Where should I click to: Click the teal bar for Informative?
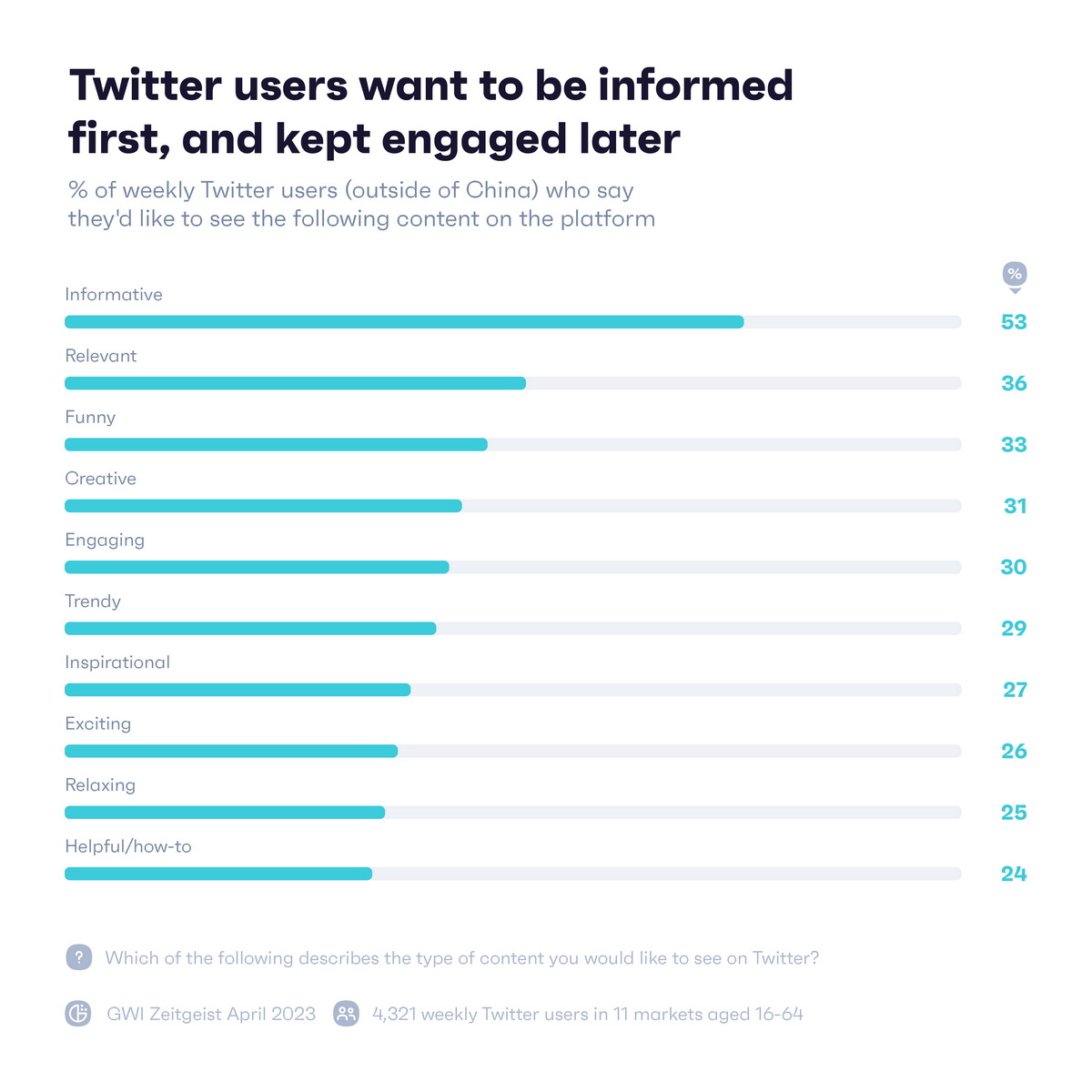pos(404,322)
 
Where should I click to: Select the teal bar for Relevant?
pos(295,383)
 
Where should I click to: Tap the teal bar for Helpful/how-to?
pos(218,874)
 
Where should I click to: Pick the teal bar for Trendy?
pos(250,629)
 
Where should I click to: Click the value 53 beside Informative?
pos(1013,322)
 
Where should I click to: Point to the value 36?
pos(1013,383)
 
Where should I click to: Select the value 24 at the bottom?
pos(1013,874)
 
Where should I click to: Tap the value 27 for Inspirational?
pos(1014,690)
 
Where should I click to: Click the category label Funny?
pos(90,418)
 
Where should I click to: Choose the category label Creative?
pos(100,479)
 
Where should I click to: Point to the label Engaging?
pos(105,541)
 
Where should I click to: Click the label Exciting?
pos(97,724)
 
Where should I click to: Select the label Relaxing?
pos(100,785)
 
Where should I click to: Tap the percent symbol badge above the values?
pos(1015,274)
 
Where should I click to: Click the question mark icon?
pos(79,957)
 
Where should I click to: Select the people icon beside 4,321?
pos(347,1014)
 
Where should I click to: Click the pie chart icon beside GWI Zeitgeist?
pos(79,1014)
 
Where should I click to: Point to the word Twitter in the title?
pos(146,86)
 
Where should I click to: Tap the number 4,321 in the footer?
pos(393,1014)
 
